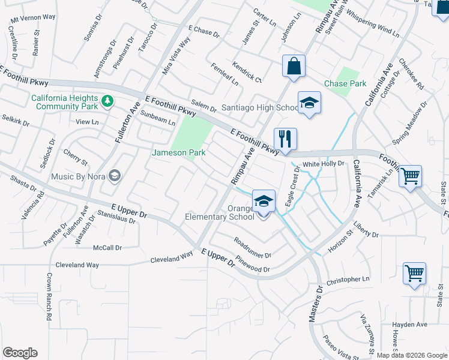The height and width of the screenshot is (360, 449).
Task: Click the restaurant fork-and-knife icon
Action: point(285,139)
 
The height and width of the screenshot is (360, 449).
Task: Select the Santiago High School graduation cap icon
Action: point(309,103)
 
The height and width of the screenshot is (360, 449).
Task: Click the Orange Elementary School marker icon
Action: point(264,201)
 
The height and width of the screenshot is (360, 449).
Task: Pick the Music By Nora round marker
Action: point(115,176)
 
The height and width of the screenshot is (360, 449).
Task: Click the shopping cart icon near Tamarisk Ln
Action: point(411,176)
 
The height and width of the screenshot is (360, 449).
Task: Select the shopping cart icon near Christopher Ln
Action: point(414,274)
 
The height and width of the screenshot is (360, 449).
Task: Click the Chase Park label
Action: point(345,84)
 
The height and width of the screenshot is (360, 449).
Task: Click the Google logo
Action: point(20,353)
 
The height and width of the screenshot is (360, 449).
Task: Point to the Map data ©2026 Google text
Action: point(412,355)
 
